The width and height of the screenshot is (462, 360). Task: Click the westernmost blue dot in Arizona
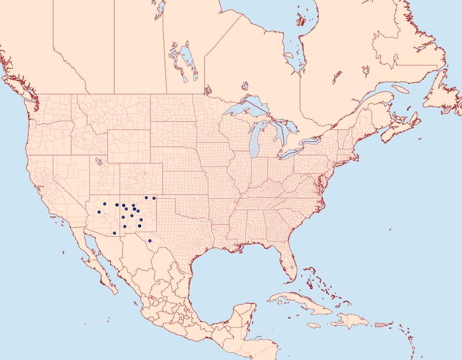(x=99, y=212)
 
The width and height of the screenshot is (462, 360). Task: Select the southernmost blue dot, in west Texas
(x=149, y=241)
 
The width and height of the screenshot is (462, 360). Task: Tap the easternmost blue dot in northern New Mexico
(x=154, y=198)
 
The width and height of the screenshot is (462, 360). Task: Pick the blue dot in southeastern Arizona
(x=114, y=233)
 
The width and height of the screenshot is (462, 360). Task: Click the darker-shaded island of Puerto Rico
(x=380, y=324)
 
